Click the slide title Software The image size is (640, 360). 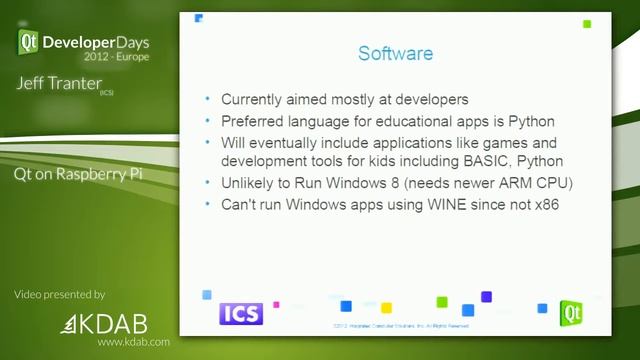[395, 53]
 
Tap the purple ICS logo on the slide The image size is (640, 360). [240, 313]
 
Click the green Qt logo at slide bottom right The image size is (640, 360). [571, 312]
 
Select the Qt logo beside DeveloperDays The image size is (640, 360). [28, 41]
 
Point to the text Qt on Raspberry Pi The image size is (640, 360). [81, 173]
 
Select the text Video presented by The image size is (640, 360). [59, 295]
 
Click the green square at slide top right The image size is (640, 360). [587, 24]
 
